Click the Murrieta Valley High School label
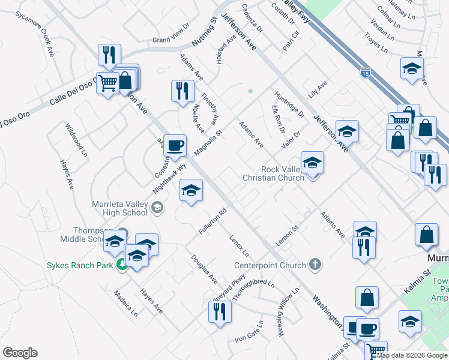pos(119,208)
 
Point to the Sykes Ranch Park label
pos(80,265)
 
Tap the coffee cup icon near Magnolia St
pos(175,146)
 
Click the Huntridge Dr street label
pos(289,103)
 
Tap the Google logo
pos(20,353)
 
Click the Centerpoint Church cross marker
pos(315,265)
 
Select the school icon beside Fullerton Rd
pos(191,191)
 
